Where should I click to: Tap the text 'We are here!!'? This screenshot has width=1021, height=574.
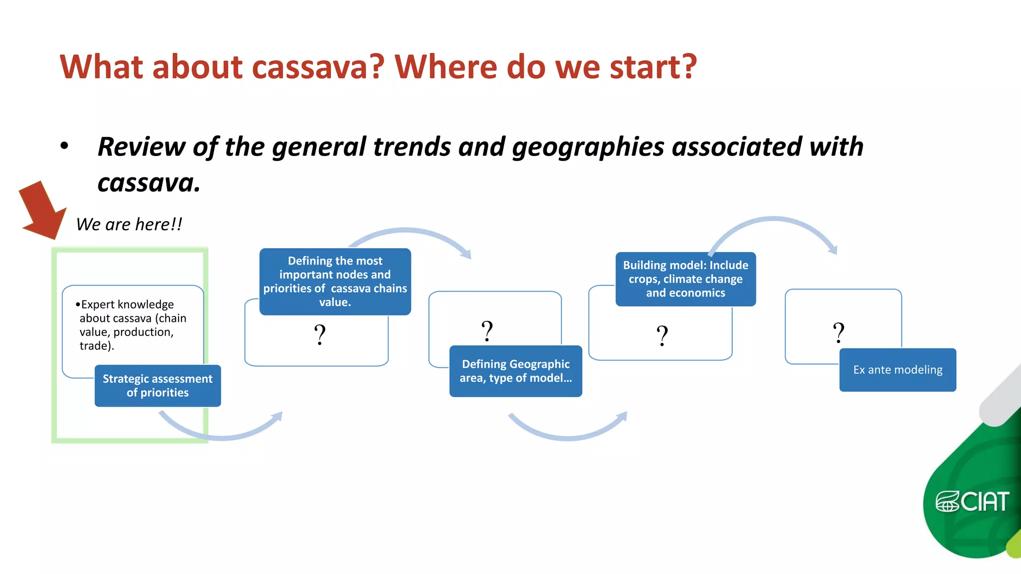point(129,225)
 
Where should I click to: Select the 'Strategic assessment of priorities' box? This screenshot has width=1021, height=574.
point(158,386)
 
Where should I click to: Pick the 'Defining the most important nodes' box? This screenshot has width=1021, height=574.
point(335,282)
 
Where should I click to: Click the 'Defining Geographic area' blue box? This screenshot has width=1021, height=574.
point(515,371)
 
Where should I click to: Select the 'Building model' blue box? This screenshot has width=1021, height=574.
point(685,279)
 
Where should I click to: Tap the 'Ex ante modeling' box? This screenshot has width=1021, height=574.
point(897,370)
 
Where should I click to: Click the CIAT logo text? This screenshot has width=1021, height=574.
point(984,502)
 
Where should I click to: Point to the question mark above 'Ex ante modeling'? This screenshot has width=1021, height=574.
point(839,333)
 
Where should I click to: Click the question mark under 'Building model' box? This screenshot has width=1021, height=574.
point(662,336)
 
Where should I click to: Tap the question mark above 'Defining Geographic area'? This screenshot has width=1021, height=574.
point(487,331)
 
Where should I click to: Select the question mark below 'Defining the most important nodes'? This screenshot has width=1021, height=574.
point(320,335)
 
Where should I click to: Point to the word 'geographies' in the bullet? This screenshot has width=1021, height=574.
point(588,147)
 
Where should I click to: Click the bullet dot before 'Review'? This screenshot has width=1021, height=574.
point(64,146)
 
